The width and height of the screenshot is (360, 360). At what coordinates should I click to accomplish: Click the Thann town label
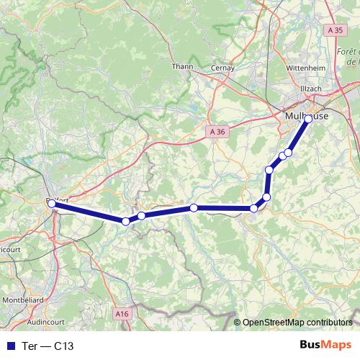[x=180, y=67]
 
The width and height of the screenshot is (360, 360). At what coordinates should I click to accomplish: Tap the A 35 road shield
[x=334, y=31]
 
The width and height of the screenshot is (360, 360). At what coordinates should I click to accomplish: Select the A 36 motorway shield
[x=220, y=131]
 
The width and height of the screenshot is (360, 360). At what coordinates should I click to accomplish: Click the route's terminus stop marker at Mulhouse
[x=308, y=118]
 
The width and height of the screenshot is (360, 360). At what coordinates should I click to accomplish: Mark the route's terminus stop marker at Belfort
[x=52, y=204]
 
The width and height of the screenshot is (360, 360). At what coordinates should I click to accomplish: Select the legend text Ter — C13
[x=49, y=346]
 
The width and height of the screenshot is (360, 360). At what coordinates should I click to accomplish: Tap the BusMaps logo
[x=326, y=345]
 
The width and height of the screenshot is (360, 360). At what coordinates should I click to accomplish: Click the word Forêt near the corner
[x=348, y=52]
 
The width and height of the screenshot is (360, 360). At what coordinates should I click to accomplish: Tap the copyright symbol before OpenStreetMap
[x=238, y=323]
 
